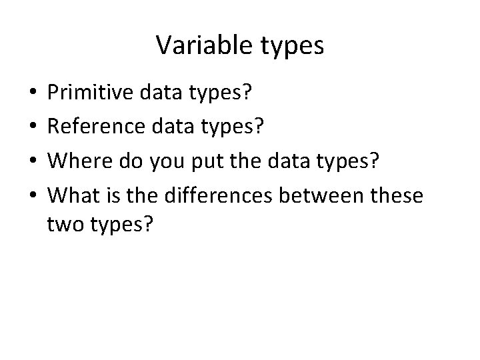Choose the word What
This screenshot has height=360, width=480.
[x=72, y=197]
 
